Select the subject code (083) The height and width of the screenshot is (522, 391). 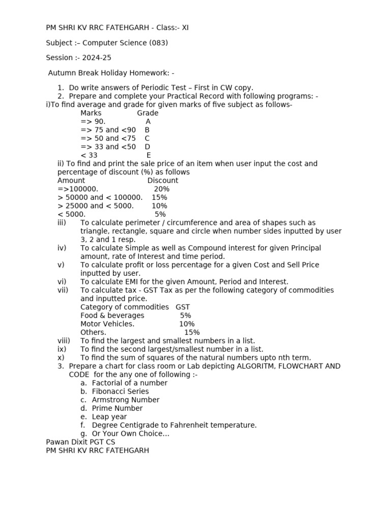(158, 43)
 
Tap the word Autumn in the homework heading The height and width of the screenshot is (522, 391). (62, 73)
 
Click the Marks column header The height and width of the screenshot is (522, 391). (91, 113)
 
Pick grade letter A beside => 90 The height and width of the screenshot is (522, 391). (148, 121)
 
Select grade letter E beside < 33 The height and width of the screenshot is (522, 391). (149, 155)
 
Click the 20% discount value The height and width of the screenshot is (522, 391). (161, 189)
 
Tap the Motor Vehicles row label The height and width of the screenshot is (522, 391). (107, 324)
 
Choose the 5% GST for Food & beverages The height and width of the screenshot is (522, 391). (185, 316)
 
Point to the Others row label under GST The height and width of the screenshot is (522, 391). (93, 332)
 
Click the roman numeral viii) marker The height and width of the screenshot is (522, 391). (64, 341)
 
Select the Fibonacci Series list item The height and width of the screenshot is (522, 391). (120, 391)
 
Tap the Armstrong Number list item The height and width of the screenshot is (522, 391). (125, 400)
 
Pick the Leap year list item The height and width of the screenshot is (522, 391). (109, 416)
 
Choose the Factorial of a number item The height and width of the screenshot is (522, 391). (129, 383)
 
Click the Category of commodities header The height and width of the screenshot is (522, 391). (124, 307)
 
